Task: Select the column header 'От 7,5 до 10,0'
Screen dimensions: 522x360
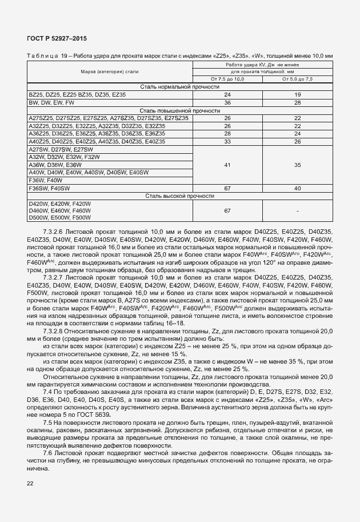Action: (x=227, y=79)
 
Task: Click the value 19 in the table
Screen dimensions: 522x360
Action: (x=298, y=94)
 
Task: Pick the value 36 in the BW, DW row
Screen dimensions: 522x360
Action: (x=227, y=102)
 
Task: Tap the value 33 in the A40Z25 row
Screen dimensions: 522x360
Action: (x=227, y=141)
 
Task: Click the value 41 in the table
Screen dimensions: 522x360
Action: (x=227, y=165)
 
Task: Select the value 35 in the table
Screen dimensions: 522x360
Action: (x=298, y=165)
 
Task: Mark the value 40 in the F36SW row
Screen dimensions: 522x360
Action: (x=298, y=188)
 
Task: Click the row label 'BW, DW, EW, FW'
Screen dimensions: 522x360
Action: (x=51, y=102)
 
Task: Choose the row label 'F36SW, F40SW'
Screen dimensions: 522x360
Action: (x=49, y=188)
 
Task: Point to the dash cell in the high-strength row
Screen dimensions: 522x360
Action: (x=298, y=211)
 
